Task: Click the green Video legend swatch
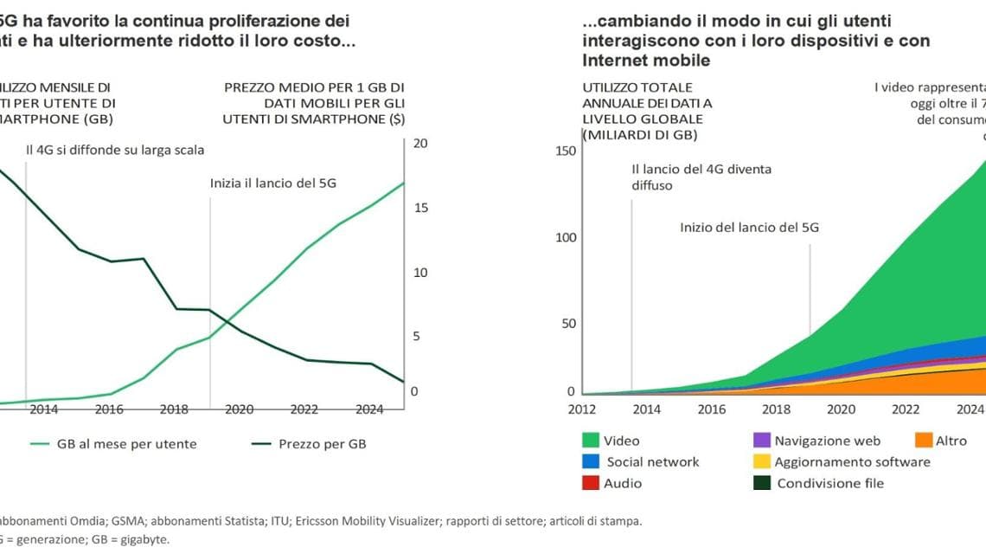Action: coord(592,441)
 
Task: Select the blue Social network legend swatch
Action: coord(592,461)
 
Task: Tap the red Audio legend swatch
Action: coord(592,483)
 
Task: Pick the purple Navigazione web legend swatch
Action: coord(761,441)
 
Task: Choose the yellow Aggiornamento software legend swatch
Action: coord(761,461)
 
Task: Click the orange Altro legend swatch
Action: coord(924,441)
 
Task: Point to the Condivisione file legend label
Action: coord(830,483)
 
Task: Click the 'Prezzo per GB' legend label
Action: coord(323,444)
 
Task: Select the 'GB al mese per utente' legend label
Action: coord(126,444)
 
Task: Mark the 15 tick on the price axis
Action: coord(421,208)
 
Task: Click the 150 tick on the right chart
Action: coord(565,151)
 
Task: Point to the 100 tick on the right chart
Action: coord(565,237)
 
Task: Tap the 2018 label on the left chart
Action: coord(174,409)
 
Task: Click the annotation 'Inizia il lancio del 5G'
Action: coord(273,184)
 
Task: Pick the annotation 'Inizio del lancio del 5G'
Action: coord(749,228)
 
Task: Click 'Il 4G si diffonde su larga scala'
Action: coord(115,150)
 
